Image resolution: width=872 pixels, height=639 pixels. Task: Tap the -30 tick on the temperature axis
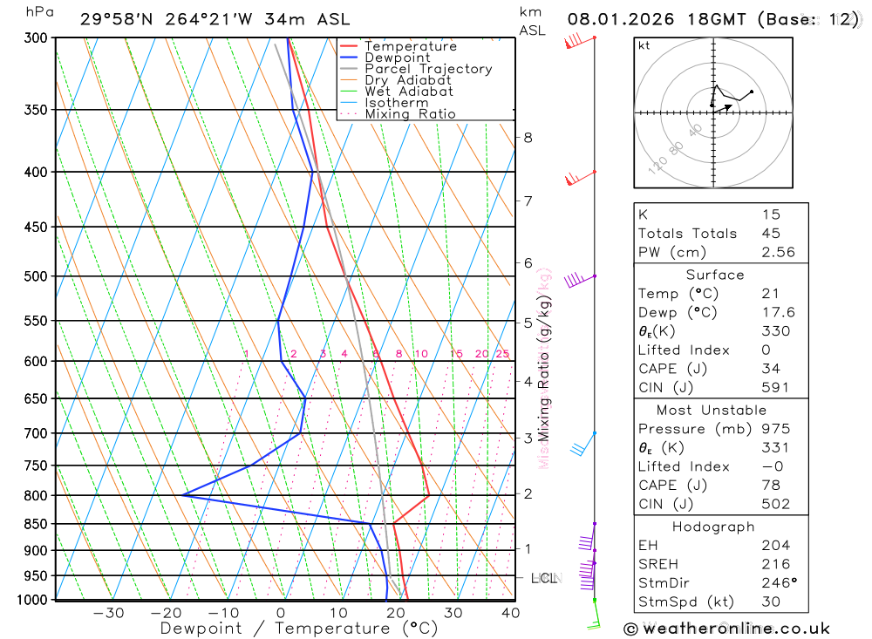tap(108, 613)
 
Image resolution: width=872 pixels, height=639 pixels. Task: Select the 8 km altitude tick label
tap(528, 137)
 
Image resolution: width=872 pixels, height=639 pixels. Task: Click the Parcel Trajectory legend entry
tap(428, 69)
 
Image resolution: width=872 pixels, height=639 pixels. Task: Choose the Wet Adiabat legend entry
tap(408, 92)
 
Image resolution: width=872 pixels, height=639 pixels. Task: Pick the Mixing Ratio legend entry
tap(410, 114)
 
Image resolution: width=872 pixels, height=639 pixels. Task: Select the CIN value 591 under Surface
tap(774, 388)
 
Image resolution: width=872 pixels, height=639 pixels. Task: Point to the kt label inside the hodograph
tap(644, 45)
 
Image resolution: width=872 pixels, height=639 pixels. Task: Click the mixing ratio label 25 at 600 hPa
tap(502, 353)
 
